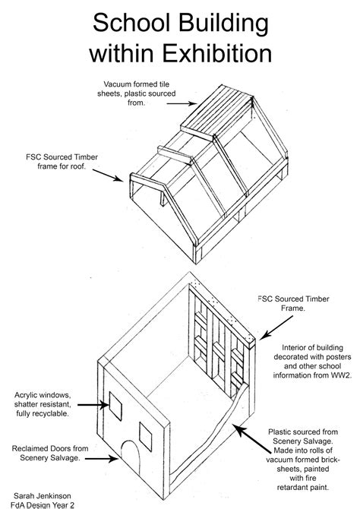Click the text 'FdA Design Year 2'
pos(49,503)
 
